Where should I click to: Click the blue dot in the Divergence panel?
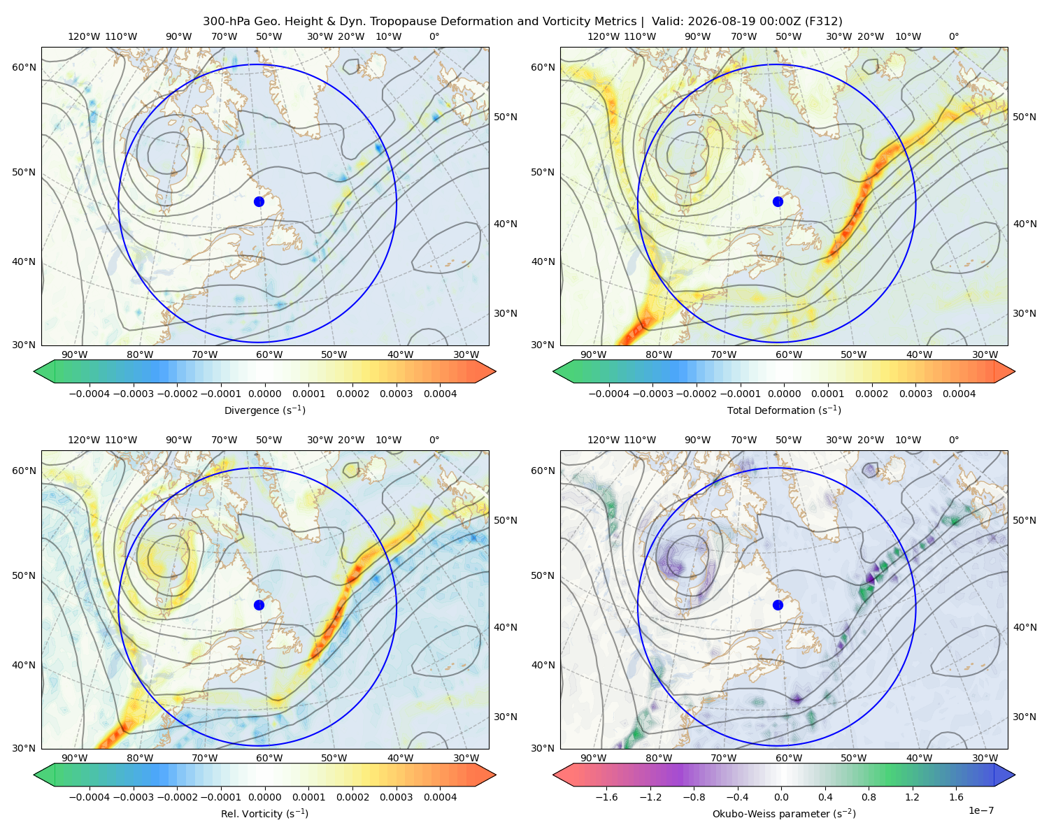[259, 202]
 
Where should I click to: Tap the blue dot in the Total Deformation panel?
[778, 202]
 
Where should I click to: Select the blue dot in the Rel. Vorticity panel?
[259, 605]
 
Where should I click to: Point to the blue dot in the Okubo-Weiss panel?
[778, 605]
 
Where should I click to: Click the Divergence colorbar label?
[264, 410]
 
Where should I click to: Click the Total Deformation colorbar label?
[784, 410]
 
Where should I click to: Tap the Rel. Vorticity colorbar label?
[264, 814]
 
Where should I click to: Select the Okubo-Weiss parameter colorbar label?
[784, 814]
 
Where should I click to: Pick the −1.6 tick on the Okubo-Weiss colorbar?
[607, 797]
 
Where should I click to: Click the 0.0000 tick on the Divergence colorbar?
[264, 394]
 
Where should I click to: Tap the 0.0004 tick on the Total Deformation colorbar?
[959, 394]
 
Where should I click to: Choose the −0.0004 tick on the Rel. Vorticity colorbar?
[90, 797]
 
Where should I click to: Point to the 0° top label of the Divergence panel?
[434, 36]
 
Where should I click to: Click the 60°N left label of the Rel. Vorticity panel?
[24, 471]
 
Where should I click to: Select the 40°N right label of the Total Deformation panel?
[1025, 224]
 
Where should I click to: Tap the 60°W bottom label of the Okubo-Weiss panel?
[789, 758]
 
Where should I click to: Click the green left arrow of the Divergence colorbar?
[44, 371]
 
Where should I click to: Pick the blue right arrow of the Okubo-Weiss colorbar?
[1005, 775]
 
